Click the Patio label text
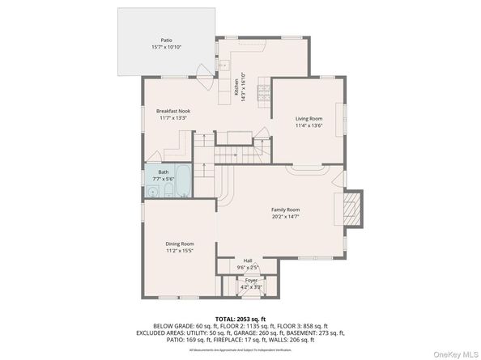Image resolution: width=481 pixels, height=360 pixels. coord(166,40)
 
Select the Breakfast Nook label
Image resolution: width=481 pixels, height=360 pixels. coord(172,111)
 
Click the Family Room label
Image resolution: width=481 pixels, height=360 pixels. coord(285,210)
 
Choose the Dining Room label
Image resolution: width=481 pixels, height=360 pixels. coord(180,244)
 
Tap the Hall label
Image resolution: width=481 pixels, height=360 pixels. coord(248,260)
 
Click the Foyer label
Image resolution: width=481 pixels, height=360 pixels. coord(251,280)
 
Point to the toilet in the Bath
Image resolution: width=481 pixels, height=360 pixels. coord(163,193)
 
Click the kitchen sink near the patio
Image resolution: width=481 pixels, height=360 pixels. coord(223,64)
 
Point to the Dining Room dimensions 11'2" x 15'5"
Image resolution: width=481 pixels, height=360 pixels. coord(180,251)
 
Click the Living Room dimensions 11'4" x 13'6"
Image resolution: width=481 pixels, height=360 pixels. coord(309,125)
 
